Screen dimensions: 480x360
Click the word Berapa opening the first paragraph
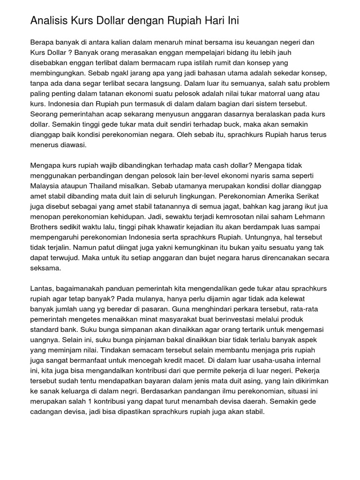pyautogui.click(x=43, y=42)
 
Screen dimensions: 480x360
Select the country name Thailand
pyautogui.click(x=101, y=186)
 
